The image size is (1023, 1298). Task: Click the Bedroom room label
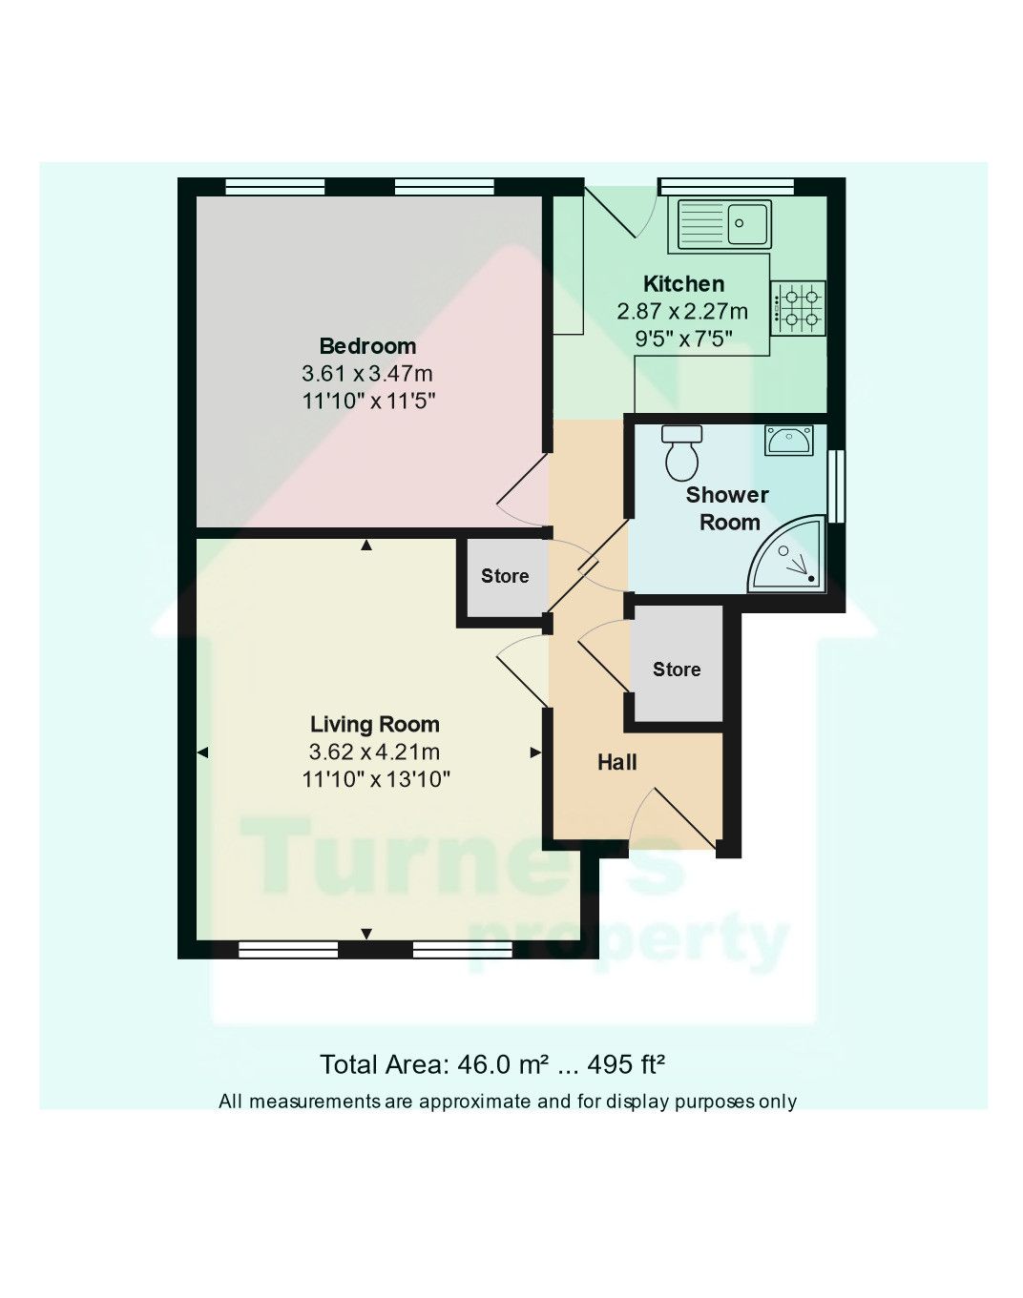coord(367,346)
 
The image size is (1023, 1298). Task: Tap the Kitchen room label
coord(683,284)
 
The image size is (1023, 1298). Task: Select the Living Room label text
coord(374,725)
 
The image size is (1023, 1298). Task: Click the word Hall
coord(616,762)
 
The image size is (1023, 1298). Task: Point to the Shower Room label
coord(728,508)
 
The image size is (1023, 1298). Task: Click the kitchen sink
coord(724,224)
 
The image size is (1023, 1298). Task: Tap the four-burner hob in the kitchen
coord(798,308)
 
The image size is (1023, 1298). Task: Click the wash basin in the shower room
coord(789,441)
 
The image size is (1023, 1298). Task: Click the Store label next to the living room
coord(504,576)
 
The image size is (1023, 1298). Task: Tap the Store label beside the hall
coord(676,670)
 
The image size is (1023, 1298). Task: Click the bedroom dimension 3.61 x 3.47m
coord(367,374)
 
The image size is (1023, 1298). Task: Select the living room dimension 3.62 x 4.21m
coord(374,752)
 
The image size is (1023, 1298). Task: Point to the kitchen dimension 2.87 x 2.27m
coord(682,312)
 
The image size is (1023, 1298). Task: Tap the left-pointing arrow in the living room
coord(202,753)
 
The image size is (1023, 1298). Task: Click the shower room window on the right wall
coord(836,486)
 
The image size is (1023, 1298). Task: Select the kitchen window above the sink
coord(726,186)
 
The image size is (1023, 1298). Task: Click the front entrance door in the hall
coord(681,818)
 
